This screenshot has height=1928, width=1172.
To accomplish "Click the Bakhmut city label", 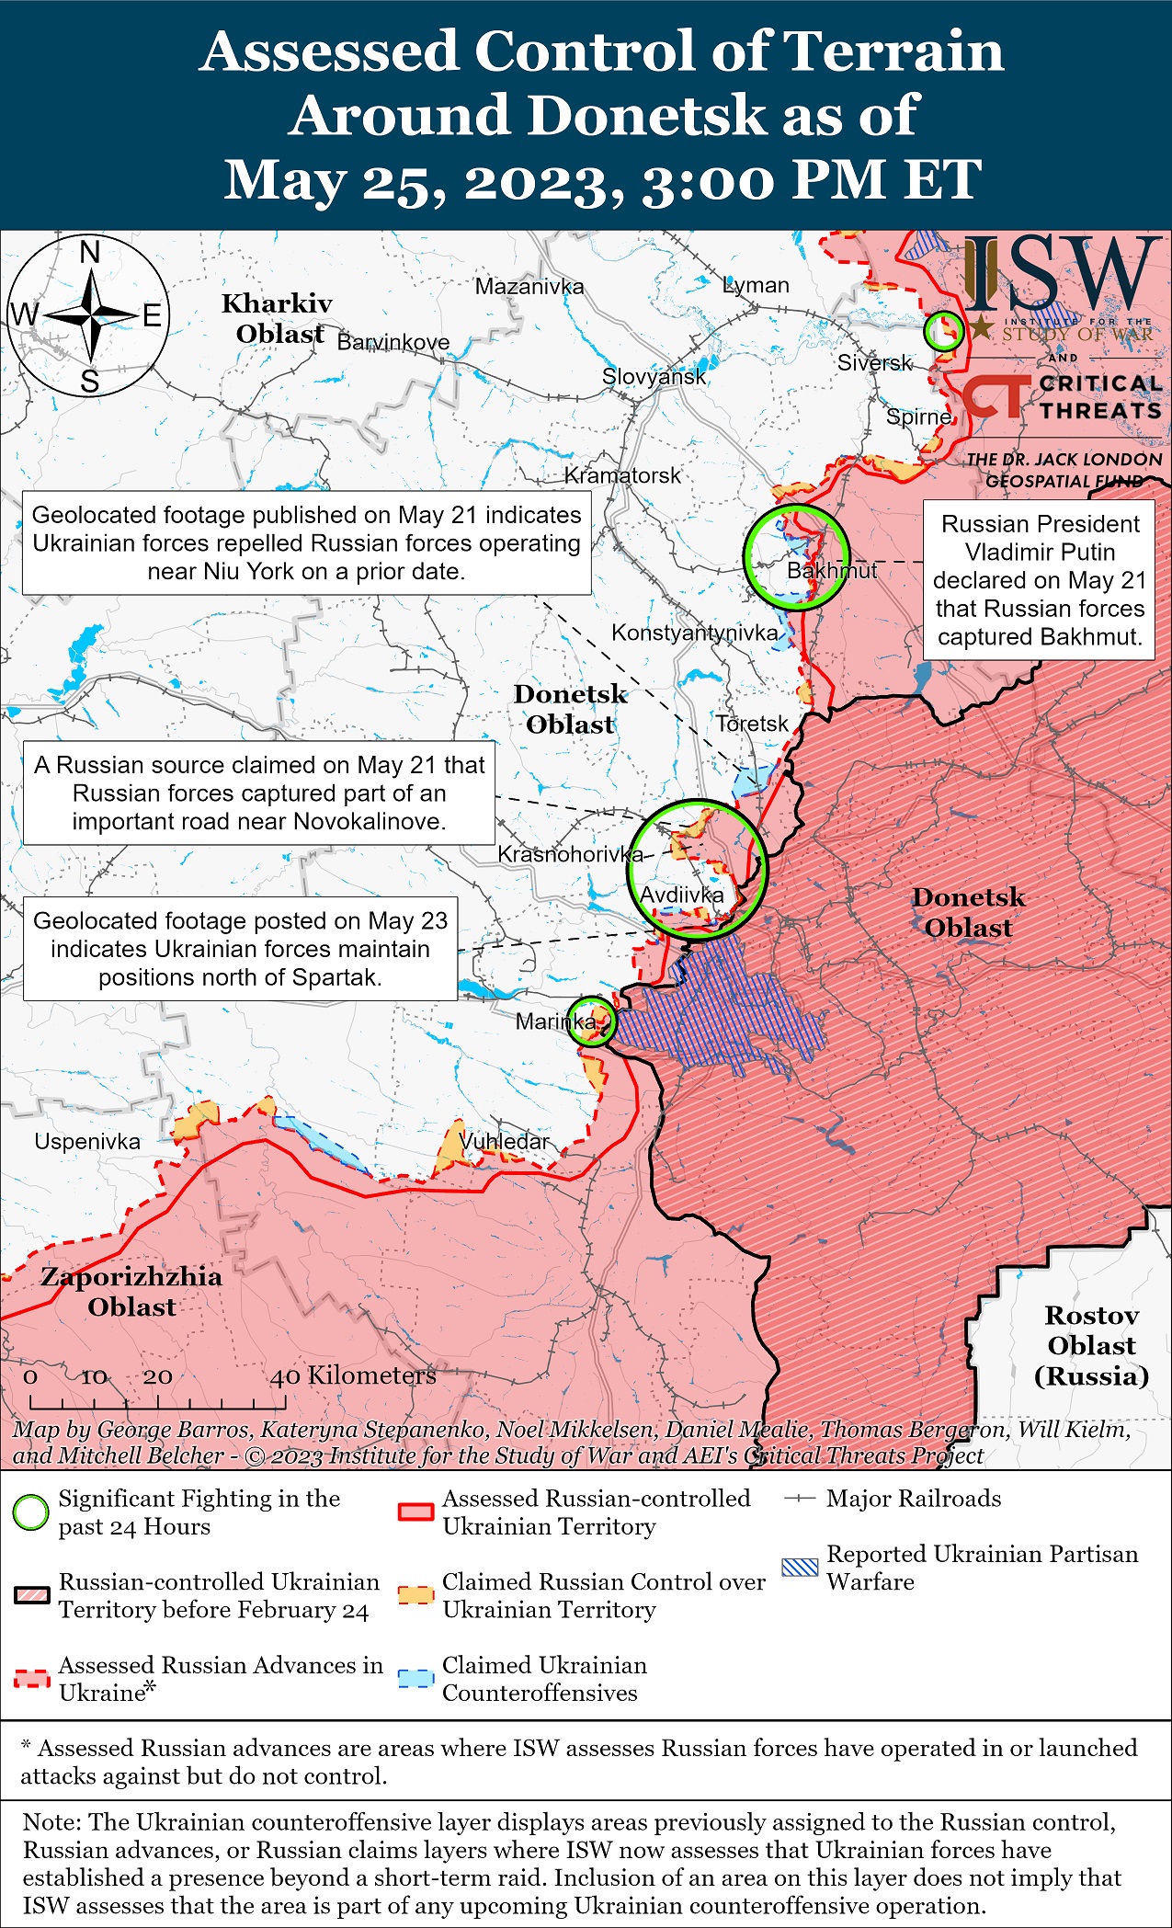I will [x=831, y=571].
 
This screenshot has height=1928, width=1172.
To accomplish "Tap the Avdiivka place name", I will [x=681, y=895].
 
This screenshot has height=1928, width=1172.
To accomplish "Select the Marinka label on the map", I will [x=555, y=1021].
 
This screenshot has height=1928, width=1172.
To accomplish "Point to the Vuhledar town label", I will [x=504, y=1141].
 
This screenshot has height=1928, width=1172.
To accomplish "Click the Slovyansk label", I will [x=654, y=376].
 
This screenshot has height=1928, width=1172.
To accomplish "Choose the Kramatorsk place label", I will [x=622, y=475].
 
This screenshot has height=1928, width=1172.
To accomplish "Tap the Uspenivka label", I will [x=87, y=1142].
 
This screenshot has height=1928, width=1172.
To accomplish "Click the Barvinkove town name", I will [x=393, y=342].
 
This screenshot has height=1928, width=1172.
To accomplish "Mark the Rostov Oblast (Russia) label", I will [x=1091, y=1345].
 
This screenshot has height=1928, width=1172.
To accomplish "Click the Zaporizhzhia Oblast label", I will [x=131, y=1291].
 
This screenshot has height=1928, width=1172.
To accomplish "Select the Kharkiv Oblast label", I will [x=278, y=318].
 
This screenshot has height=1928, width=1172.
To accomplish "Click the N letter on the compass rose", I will [x=90, y=252].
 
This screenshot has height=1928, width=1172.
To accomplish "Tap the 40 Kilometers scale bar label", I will [x=353, y=1375].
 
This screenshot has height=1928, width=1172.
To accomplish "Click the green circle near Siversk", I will [x=943, y=331].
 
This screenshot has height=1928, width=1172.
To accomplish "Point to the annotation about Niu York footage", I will [x=306, y=542].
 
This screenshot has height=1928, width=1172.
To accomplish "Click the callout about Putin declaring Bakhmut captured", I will [x=1039, y=580].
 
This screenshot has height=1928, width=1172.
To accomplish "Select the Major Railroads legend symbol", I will [x=800, y=1499].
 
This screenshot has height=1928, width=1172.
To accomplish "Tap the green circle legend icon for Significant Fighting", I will [x=30, y=1512].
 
